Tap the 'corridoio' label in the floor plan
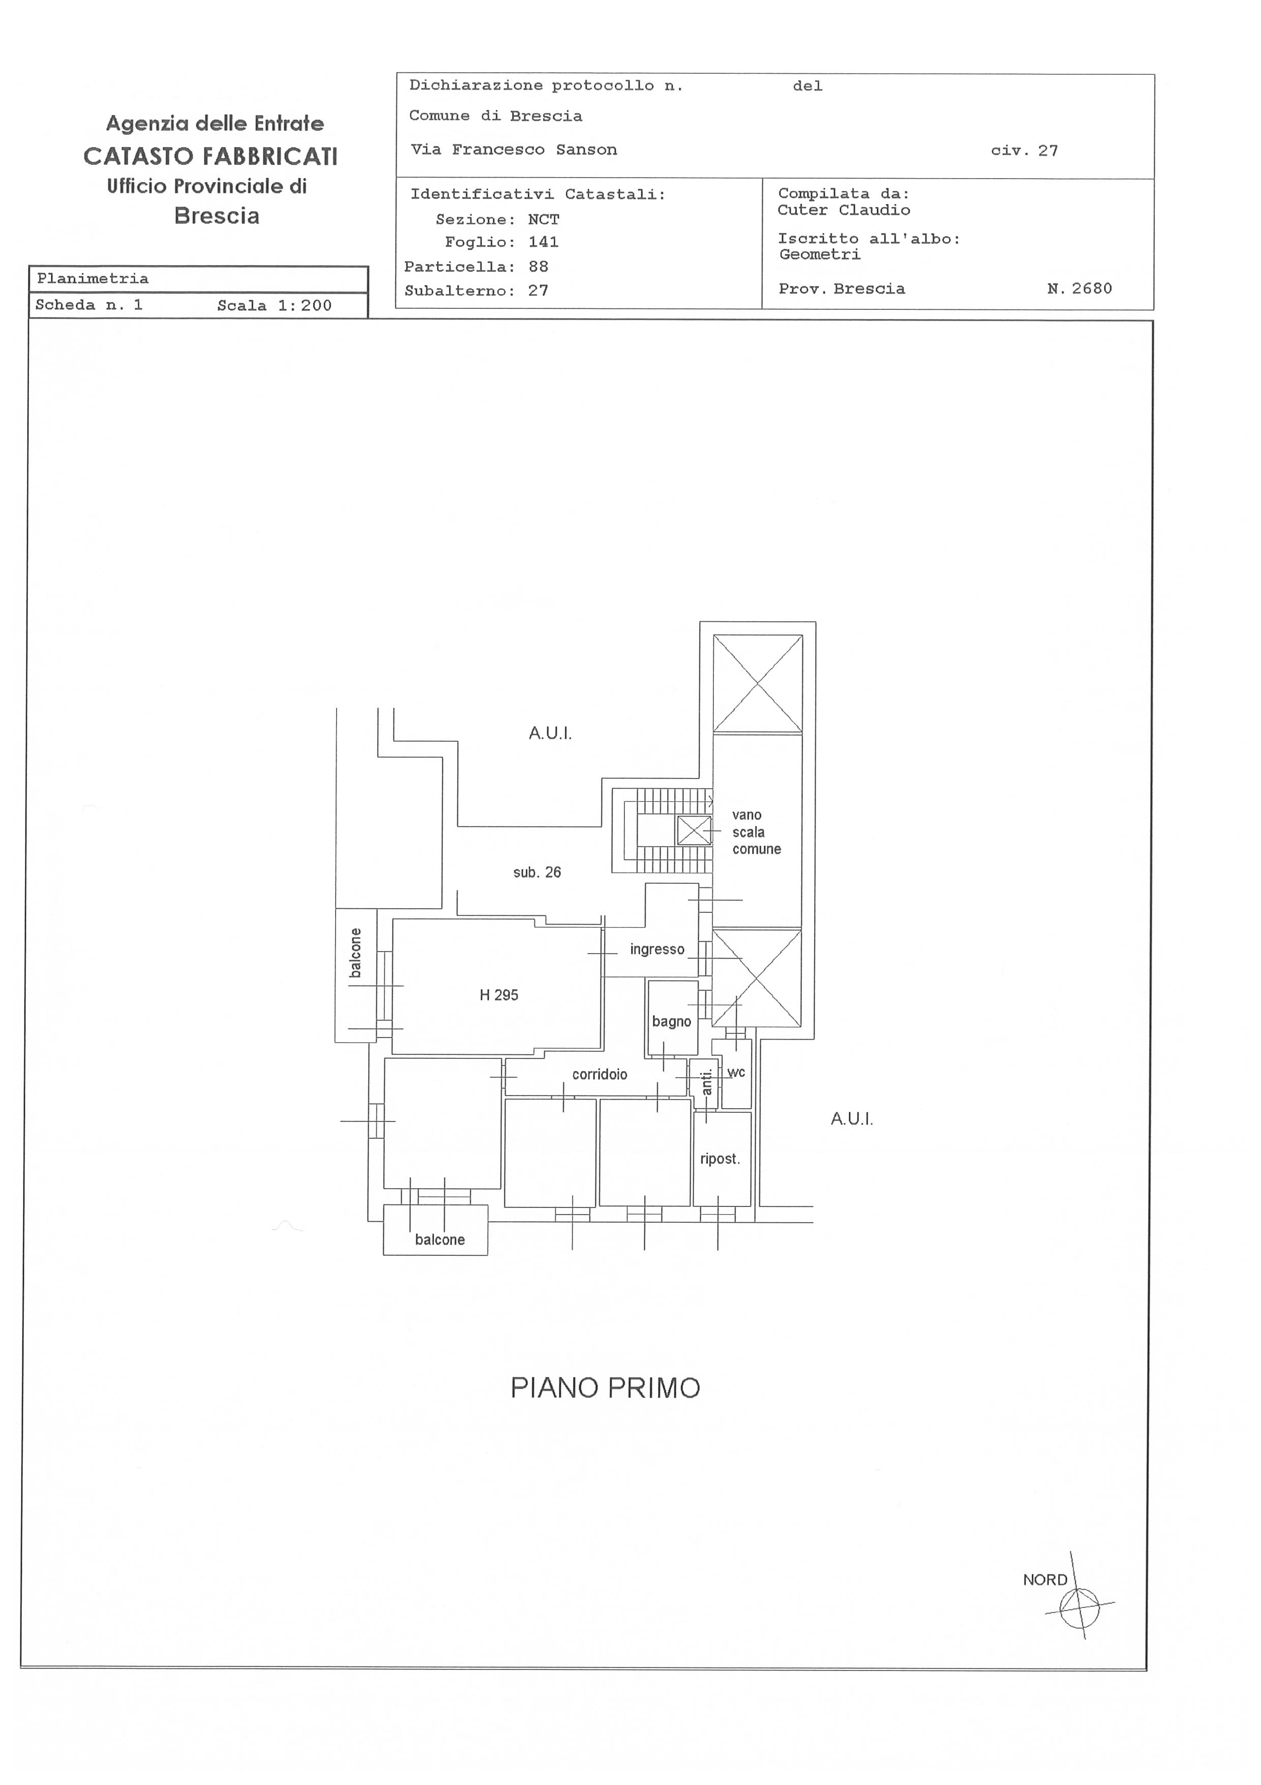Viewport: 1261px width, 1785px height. coord(600,1075)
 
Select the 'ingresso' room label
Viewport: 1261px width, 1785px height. coord(657,949)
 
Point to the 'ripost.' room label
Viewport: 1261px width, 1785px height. coord(720,1159)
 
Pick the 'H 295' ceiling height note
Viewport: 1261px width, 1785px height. coord(499,995)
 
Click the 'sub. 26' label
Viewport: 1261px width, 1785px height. coord(537,872)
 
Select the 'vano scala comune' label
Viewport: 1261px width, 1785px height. coord(756,832)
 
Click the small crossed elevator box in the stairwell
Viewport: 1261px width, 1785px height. coord(694,830)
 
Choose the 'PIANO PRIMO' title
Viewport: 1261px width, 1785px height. coord(605,1389)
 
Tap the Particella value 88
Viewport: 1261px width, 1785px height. coord(538,267)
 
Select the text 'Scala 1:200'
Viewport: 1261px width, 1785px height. coord(274,305)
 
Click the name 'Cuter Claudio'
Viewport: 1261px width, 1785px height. coord(844,210)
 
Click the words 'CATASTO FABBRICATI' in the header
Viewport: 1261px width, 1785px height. coord(211,156)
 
